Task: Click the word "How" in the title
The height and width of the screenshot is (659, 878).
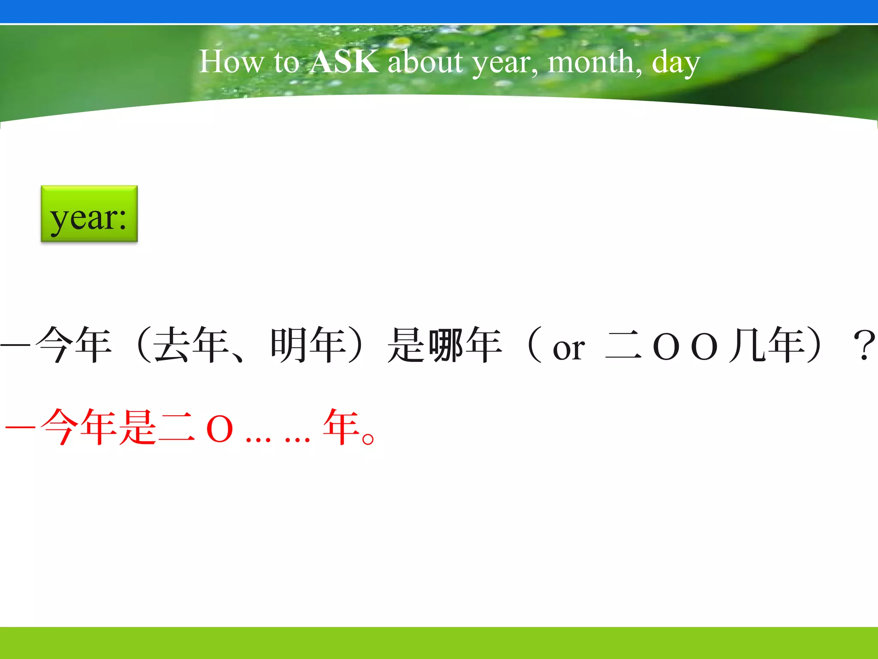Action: click(231, 62)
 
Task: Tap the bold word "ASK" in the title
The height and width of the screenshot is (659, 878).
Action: click(344, 62)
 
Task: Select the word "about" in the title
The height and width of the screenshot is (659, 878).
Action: click(425, 62)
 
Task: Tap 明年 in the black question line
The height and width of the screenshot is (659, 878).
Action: click(308, 345)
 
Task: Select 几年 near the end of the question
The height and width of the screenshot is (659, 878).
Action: click(767, 345)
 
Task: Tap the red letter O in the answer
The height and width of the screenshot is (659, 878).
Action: click(219, 429)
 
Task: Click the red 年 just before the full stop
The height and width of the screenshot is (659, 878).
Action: click(341, 427)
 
